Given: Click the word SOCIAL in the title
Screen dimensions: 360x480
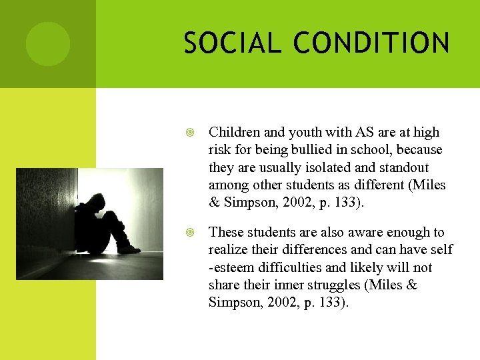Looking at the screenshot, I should [223, 43].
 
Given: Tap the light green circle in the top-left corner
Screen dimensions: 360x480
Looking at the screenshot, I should [48, 44].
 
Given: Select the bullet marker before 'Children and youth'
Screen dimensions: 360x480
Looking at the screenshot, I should [191, 133].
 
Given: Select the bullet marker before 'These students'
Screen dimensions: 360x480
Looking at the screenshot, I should [191, 233].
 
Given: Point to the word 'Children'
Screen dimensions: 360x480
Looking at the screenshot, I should [231, 133].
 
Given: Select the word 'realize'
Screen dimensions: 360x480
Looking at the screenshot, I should [229, 249].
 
